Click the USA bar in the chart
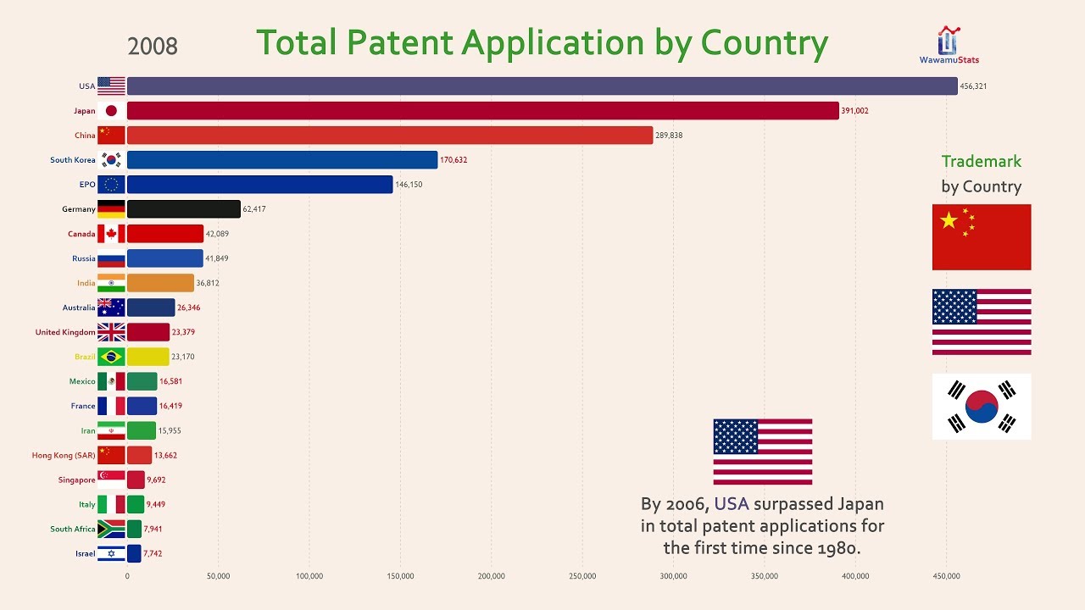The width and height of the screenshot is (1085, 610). pyautogui.click(x=542, y=86)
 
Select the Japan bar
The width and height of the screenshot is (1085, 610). pyautogui.click(x=483, y=111)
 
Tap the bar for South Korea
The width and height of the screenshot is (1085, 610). pyautogui.click(x=282, y=160)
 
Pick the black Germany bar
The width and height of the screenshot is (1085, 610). pyautogui.click(x=184, y=209)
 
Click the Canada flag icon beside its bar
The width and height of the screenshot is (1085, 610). pyautogui.click(x=111, y=234)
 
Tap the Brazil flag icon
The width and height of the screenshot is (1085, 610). pyautogui.click(x=111, y=357)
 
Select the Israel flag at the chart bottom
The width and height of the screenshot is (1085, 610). pyautogui.click(x=111, y=553)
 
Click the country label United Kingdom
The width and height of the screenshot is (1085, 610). pyautogui.click(x=65, y=332)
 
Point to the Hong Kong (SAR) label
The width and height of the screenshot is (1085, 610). pyautogui.click(x=64, y=455)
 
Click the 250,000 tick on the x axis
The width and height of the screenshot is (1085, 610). pyautogui.click(x=582, y=576)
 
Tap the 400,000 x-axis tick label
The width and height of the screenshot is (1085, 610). pyautogui.click(x=855, y=576)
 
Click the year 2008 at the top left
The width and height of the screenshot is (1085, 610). pyautogui.click(x=153, y=46)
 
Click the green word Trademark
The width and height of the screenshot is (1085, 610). pyautogui.click(x=982, y=161)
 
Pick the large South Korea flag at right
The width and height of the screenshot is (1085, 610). pyautogui.click(x=982, y=407)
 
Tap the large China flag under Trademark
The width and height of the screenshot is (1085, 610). pyautogui.click(x=982, y=237)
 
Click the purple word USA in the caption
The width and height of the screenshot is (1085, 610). pyautogui.click(x=732, y=504)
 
